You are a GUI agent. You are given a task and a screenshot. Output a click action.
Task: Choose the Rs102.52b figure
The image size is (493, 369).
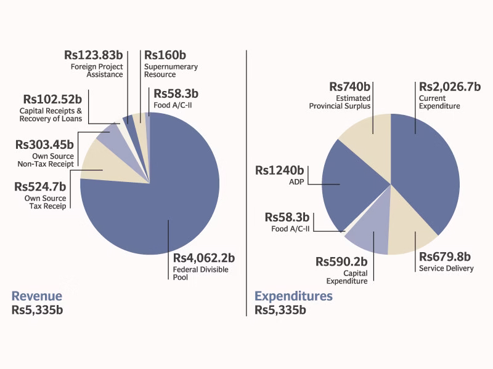(52, 99)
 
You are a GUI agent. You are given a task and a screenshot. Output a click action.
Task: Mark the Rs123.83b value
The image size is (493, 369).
(94, 54)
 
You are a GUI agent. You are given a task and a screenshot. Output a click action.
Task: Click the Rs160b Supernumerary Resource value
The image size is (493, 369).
(165, 54)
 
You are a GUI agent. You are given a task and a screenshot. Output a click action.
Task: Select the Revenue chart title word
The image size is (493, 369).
(37, 296)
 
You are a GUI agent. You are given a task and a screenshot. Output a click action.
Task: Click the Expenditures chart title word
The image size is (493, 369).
(294, 296)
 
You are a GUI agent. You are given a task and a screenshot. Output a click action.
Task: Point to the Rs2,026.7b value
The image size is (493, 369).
(450, 87)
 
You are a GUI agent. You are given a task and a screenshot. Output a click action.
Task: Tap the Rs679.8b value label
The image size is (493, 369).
(445, 256)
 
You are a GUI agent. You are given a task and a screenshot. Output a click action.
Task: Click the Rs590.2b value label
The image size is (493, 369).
(341, 261)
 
